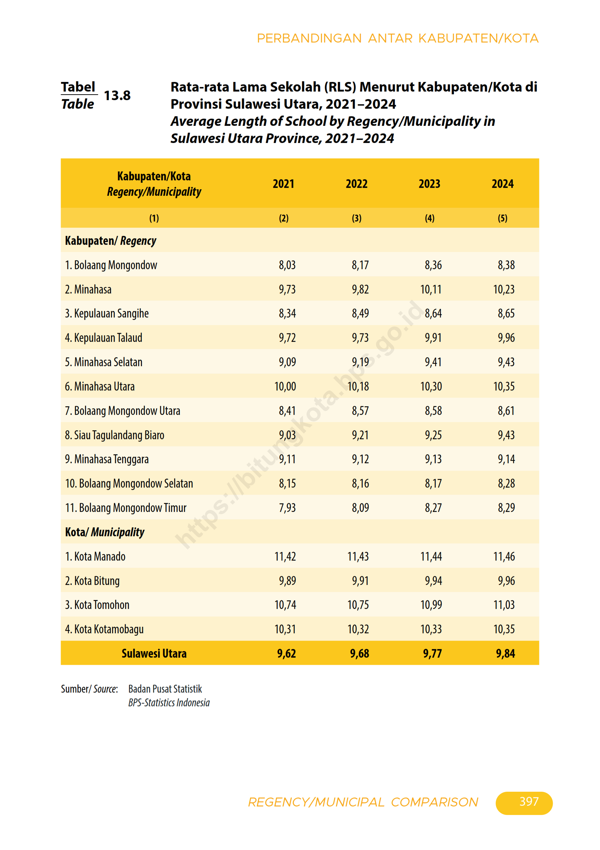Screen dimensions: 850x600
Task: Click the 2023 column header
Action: [429, 184]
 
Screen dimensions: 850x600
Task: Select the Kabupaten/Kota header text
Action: [154, 176]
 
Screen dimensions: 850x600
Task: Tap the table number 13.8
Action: [117, 96]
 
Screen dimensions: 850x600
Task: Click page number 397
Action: [529, 802]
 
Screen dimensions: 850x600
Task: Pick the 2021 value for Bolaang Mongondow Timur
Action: [287, 507]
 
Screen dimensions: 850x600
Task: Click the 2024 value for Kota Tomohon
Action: [504, 605]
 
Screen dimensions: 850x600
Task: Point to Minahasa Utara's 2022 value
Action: [358, 386]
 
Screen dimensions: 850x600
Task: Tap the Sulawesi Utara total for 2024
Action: [505, 654]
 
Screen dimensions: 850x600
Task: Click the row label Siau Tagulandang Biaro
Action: [115, 435]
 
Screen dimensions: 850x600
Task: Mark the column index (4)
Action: [429, 218]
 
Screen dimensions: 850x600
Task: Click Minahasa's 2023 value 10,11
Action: [431, 289]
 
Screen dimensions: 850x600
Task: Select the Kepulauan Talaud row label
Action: [103, 338]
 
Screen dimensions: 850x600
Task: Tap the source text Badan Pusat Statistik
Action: [165, 689]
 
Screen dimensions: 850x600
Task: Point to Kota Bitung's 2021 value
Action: [287, 580]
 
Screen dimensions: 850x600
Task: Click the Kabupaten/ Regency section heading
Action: [110, 241]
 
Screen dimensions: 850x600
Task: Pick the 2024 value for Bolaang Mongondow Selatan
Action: [506, 483]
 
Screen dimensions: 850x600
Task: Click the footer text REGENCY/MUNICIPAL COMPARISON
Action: [363, 802]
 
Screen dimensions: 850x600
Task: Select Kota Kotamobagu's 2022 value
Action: [358, 629]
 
